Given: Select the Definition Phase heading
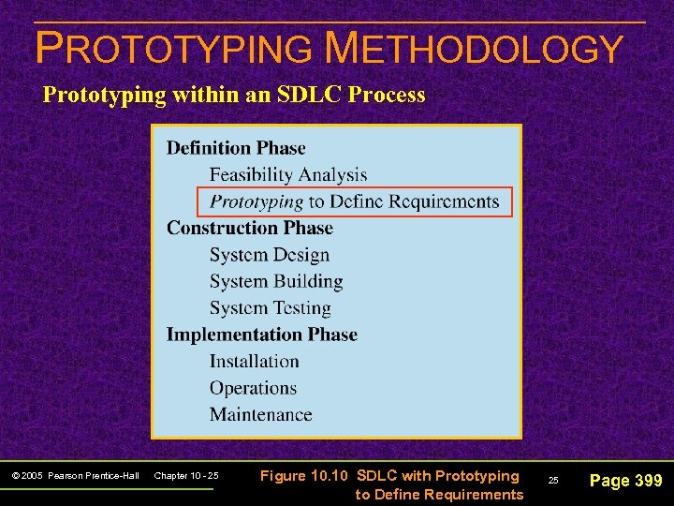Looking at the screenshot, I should point(236,148).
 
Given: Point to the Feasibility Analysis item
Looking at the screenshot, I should point(288,175).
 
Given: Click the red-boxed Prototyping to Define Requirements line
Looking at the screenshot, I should point(355,201).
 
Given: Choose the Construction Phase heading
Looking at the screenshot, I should point(250,228).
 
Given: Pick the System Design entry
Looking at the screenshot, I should point(270,255).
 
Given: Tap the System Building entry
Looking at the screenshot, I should point(276,281).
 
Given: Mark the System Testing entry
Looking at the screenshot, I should point(271,308).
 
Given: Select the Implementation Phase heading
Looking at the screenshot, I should point(262,335).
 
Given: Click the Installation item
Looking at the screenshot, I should point(255,362).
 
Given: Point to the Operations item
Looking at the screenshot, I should point(253,388).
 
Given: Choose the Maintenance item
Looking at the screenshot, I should point(261,414).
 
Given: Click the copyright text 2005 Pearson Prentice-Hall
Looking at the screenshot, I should point(75,477).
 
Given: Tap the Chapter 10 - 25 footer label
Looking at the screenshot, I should point(185,477).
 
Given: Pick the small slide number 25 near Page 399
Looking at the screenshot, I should point(553,481).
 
